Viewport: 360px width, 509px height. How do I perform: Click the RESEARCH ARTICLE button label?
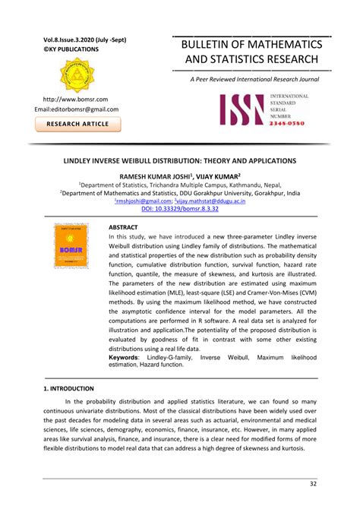pos(79,125)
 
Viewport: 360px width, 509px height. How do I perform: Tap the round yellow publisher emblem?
pos(79,75)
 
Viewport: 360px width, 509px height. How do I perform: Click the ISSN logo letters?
pos(244,109)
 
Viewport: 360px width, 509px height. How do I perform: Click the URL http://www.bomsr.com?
pos(75,99)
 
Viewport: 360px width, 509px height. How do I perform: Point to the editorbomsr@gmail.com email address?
pos(77,109)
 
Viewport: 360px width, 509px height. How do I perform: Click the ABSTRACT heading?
pos(124,227)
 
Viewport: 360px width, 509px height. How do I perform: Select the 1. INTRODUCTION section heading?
pos(68,388)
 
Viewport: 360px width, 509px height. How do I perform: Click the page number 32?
pos(313,484)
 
